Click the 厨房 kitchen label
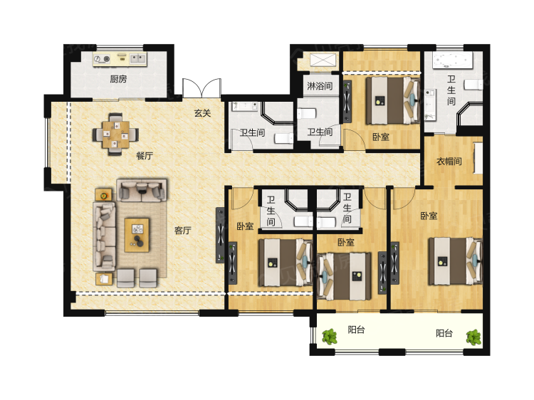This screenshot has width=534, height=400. [x=118, y=79]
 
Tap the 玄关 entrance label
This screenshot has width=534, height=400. [x=203, y=112]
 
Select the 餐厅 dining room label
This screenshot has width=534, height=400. [x=145, y=156]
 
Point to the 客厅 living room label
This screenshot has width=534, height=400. [x=182, y=231]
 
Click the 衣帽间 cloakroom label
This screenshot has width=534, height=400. [x=449, y=161]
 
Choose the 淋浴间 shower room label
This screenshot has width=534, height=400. [x=320, y=86]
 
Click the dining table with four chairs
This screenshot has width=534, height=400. [x=116, y=134]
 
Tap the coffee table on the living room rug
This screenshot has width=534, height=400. [x=137, y=236]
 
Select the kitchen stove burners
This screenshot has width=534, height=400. [x=102, y=59]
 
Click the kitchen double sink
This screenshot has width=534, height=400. [x=138, y=58]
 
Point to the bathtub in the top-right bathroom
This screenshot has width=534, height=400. [x=453, y=60]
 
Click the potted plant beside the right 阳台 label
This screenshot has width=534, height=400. [x=473, y=337]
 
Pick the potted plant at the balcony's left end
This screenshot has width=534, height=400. [x=330, y=337]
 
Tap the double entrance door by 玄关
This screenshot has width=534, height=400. [x=201, y=88]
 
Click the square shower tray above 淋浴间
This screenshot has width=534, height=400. [x=323, y=60]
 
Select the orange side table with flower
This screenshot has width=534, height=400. [x=103, y=196]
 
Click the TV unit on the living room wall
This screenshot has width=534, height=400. [x=220, y=236]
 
